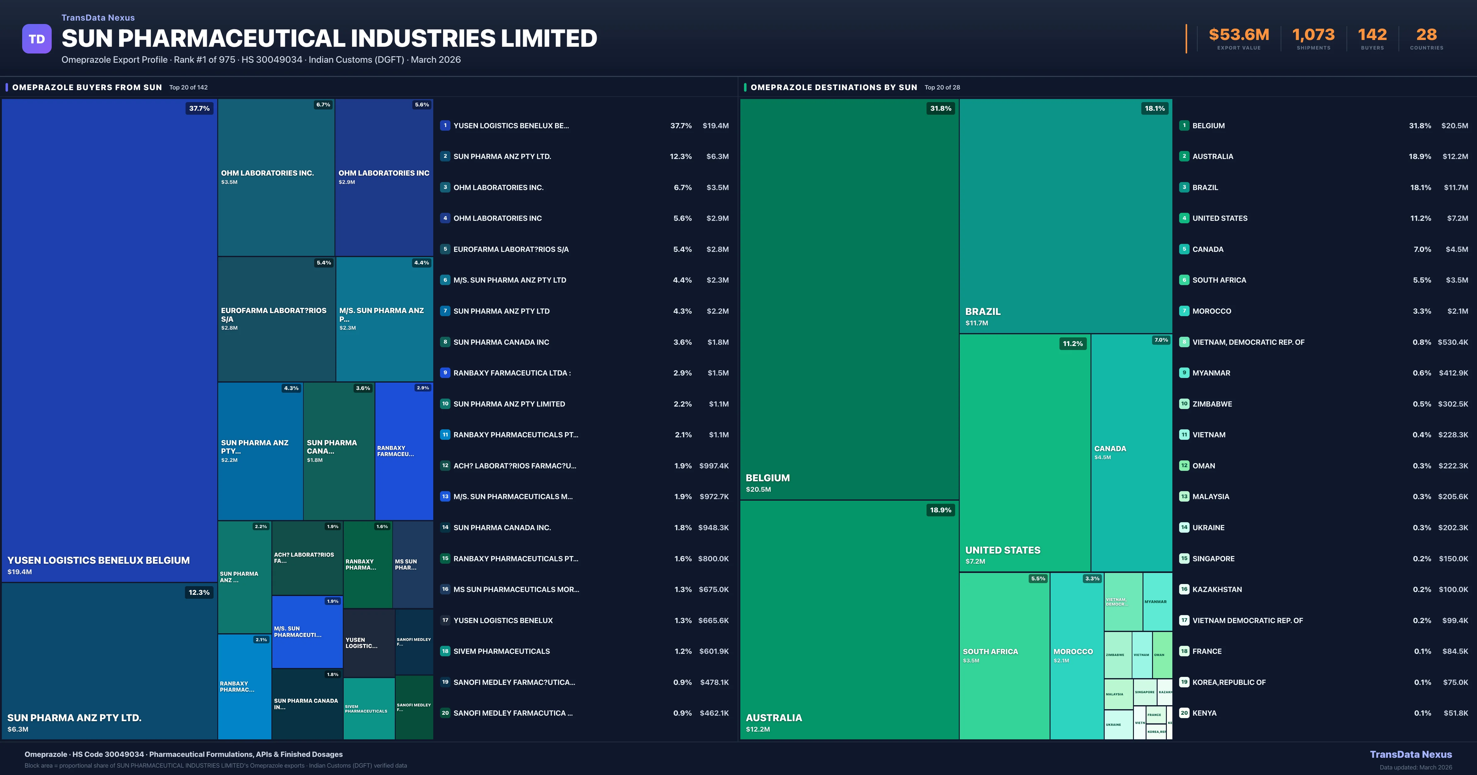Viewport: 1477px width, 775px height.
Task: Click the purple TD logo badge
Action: click(x=37, y=39)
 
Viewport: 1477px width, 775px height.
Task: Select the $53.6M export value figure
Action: click(x=1239, y=35)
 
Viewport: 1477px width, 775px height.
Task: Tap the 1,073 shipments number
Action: click(x=1313, y=35)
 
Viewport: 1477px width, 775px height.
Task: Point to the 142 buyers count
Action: click(x=1372, y=35)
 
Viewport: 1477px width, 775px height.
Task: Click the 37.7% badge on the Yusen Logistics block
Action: click(x=199, y=108)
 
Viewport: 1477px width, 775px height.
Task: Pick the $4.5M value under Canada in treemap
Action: click(x=1102, y=457)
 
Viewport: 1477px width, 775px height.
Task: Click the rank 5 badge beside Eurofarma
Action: click(x=445, y=249)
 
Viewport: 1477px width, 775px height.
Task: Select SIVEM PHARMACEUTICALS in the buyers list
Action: click(x=501, y=651)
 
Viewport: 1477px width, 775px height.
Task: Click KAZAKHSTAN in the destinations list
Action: click(x=1217, y=589)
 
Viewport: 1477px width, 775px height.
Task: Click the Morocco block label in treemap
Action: click(x=1073, y=652)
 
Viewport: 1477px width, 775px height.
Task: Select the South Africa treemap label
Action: click(x=990, y=652)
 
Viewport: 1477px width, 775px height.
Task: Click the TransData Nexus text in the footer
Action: click(x=1411, y=754)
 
